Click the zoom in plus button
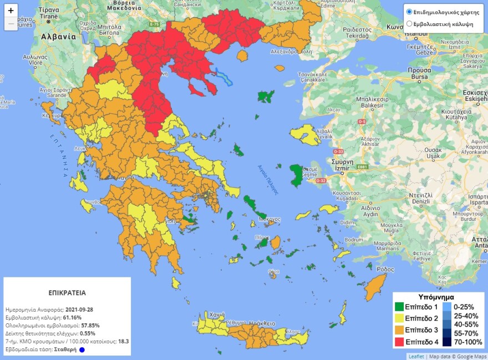coord(11,11)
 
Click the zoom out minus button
coord(11,24)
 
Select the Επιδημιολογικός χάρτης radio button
coord(410,12)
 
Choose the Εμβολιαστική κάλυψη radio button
coord(410,24)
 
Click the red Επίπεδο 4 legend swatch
coord(399,342)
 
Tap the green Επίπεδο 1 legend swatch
coord(399,307)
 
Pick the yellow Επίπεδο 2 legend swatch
coord(399,318)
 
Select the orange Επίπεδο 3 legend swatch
coord(399,330)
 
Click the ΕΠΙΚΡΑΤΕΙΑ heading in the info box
coord(67,292)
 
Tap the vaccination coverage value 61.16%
coord(72,317)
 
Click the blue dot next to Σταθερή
coord(82,350)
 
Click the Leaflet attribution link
coord(416,356)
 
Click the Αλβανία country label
coord(58,37)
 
